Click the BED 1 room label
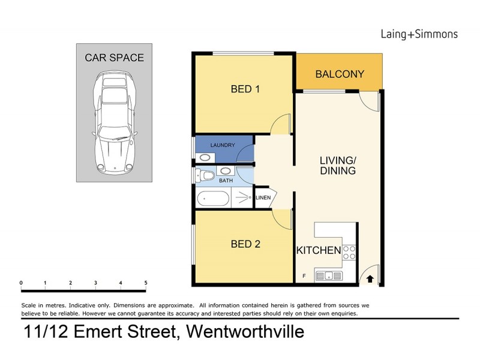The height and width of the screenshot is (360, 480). point(245,89)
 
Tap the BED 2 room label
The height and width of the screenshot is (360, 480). point(245,244)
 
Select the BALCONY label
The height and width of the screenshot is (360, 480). point(340,74)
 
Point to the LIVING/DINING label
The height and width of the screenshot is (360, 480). point(337,165)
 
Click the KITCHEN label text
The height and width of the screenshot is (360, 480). point(319,250)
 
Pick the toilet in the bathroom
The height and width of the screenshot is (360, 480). point(205,176)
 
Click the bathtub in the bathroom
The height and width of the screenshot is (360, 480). point(213,197)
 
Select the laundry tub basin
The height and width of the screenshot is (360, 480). point(206,157)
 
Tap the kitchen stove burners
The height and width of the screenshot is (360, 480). point(349,253)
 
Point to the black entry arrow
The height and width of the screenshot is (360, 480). point(370,278)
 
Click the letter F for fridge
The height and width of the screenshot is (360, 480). point(304,277)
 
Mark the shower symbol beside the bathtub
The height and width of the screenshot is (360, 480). point(243,197)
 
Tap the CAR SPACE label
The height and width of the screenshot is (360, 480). point(114,58)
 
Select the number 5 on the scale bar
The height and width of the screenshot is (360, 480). point(146,283)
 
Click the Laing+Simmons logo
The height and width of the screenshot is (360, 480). point(419,34)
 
